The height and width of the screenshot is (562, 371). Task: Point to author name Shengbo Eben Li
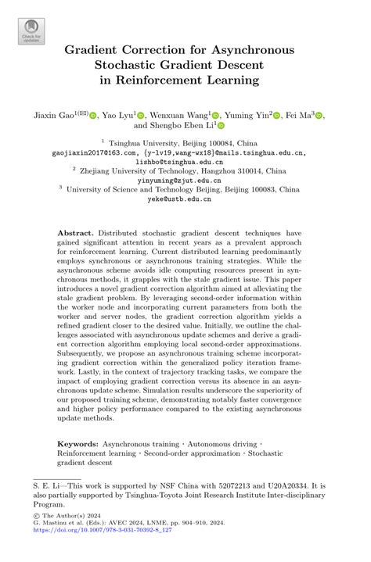pos(179,125)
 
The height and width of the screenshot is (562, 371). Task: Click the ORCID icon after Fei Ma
pos(319,115)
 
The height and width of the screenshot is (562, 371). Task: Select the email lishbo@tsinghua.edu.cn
pos(185,164)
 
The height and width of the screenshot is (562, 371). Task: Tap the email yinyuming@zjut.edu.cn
pos(185,178)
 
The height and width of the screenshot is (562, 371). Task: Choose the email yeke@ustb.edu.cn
pos(185,199)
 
